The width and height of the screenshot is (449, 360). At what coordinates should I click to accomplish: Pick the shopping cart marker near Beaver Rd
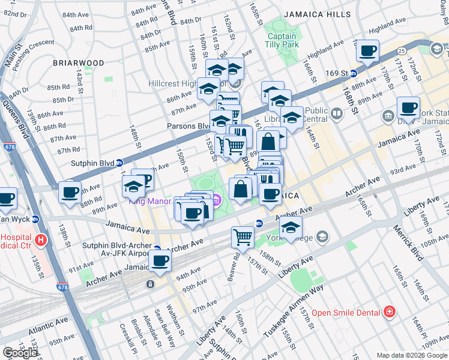[x=243, y=236]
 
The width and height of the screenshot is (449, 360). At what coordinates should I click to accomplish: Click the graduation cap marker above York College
[x=291, y=227]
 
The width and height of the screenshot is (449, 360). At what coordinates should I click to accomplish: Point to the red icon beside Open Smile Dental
[x=390, y=312]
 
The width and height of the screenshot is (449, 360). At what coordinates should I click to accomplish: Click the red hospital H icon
[x=41, y=241]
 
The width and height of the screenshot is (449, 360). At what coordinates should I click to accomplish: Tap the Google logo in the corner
[x=20, y=353]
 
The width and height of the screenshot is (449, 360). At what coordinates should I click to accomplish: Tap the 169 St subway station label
[x=337, y=73]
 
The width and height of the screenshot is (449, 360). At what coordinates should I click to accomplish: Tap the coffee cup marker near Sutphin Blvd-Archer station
[x=160, y=261]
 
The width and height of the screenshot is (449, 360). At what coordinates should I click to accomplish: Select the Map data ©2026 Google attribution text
[x=412, y=355]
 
